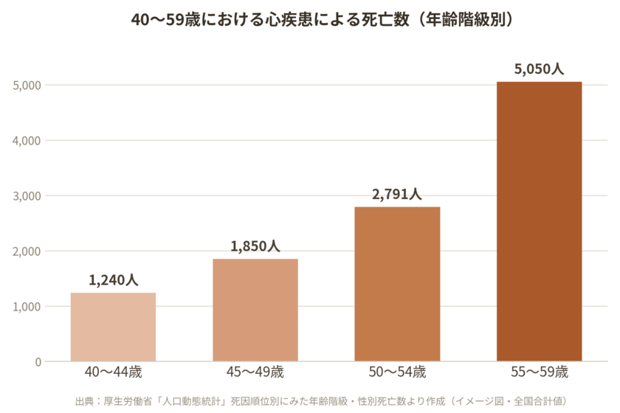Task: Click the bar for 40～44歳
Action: [113, 327]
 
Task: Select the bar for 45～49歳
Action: [255, 310]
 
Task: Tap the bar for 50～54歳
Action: [397, 284]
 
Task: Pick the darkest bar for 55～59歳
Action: [540, 221]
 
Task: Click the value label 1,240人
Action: [114, 280]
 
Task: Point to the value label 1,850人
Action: [255, 246]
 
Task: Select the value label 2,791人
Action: [397, 194]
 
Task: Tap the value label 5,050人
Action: [539, 69]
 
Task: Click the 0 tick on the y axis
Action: [38, 361]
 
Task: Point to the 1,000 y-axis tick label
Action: [27, 307]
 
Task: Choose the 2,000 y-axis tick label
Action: [27, 251]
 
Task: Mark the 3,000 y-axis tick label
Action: [27, 196]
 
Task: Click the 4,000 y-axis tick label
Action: [27, 141]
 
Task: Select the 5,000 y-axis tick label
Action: [27, 86]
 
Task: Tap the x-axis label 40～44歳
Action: [113, 372]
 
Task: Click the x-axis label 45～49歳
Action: [255, 372]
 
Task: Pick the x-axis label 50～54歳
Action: [397, 372]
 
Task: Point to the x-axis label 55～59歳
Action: [540, 372]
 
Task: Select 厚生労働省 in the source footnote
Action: [128, 401]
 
